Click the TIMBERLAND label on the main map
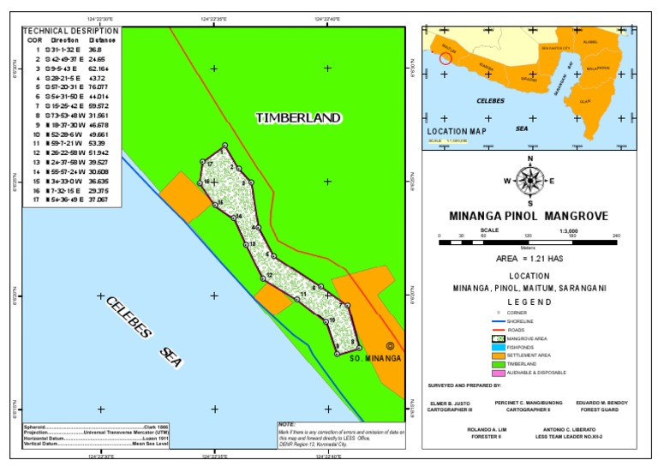click(x=297, y=117)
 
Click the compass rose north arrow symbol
click(x=530, y=180)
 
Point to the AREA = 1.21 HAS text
click(x=530, y=258)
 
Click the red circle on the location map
click(x=445, y=58)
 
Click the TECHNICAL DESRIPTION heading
click(x=70, y=30)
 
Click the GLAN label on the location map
click(x=586, y=100)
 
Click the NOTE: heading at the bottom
click(x=287, y=424)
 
